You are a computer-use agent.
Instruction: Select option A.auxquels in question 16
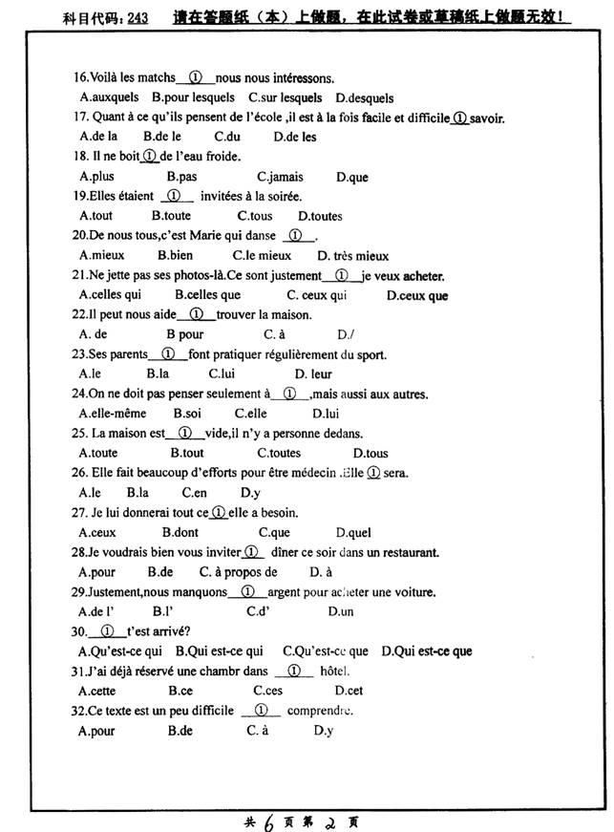(x=109, y=97)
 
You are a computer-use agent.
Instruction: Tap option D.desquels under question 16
(x=365, y=97)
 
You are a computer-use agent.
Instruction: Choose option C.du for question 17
(x=226, y=137)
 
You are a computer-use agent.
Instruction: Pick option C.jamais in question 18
(x=280, y=177)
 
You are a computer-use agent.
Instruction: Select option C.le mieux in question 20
(x=262, y=256)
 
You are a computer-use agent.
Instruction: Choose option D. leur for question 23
(x=313, y=374)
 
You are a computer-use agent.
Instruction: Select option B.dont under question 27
(x=180, y=533)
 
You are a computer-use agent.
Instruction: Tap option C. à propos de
(x=238, y=572)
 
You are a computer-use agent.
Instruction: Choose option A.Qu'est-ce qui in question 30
(x=120, y=651)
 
